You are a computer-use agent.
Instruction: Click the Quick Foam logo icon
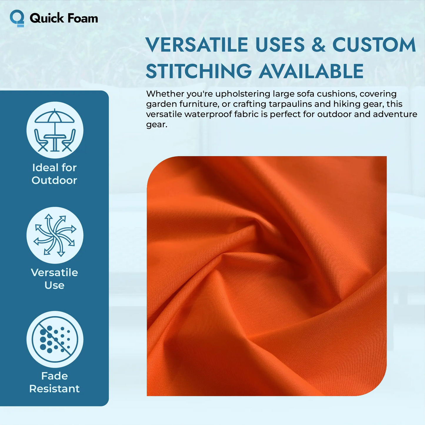(17, 18)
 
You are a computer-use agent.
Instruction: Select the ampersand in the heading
(319, 45)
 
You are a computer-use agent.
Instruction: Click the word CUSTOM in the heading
(374, 45)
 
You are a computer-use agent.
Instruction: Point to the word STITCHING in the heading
(199, 71)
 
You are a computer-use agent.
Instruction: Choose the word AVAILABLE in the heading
(311, 71)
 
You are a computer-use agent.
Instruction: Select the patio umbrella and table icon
(55, 130)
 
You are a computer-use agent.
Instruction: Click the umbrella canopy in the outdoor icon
(54, 117)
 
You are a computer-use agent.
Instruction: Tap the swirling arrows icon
(55, 235)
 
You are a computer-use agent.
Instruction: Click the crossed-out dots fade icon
(55, 339)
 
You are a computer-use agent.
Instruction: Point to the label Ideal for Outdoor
(54, 174)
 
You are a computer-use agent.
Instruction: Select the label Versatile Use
(54, 279)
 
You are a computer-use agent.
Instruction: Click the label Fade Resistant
(54, 382)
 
